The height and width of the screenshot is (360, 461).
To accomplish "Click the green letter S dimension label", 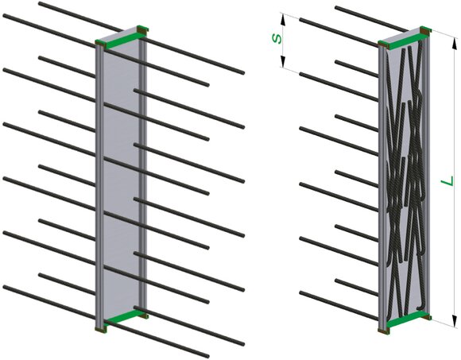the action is (277, 38).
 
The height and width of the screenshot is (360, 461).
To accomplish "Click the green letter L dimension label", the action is (447, 180).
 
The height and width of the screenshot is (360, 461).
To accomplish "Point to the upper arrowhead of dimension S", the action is (283, 20).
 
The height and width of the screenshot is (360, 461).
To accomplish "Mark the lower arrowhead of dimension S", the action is (283, 61).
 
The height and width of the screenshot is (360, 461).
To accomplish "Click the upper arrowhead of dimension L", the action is (454, 45).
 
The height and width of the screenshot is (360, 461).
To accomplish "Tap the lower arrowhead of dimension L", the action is (455, 319).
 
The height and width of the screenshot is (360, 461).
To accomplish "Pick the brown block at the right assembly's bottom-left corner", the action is (383, 331).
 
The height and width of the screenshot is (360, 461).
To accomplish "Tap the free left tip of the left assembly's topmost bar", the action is (40, 3).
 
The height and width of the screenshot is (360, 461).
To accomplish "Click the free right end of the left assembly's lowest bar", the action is (207, 357).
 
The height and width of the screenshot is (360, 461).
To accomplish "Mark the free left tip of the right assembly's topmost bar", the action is (337, 7).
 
